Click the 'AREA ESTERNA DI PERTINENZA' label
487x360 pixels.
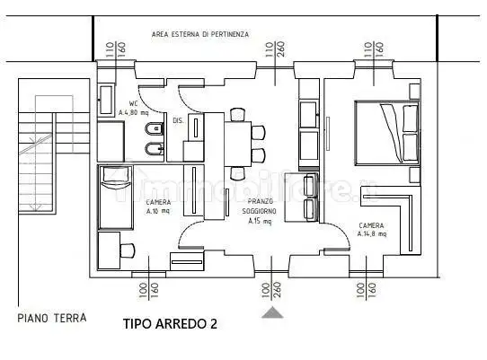point(199,34)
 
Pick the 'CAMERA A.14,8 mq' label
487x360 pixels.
point(371,230)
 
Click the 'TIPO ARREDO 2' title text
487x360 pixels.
point(170,322)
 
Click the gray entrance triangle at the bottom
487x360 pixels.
point(271,312)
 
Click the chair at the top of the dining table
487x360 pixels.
point(237,114)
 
